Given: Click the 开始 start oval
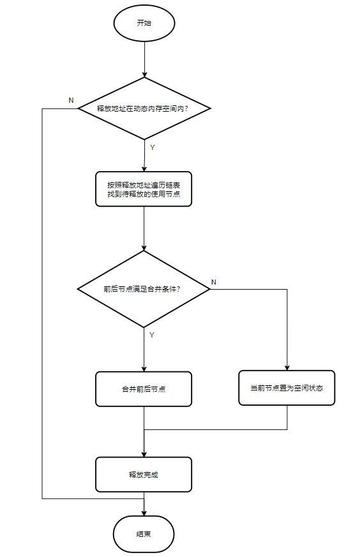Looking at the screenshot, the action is tap(144, 23).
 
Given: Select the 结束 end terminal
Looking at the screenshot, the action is tap(144, 534).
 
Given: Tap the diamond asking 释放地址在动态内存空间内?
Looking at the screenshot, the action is tap(144, 108).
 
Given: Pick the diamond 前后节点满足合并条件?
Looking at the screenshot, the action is tap(144, 289).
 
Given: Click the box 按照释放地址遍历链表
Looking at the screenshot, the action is tap(144, 189).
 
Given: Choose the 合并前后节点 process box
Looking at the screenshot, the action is tap(144, 389).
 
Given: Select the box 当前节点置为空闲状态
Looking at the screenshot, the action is tap(287, 388).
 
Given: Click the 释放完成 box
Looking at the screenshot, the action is tap(144, 475).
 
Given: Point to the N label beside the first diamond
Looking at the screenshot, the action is tap(71, 101).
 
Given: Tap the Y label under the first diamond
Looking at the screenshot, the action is tap(153, 147).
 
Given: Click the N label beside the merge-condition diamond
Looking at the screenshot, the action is tap(214, 282).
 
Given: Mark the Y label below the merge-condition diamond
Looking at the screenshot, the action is tap(152, 335).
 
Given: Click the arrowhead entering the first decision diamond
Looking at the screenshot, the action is tap(144, 74).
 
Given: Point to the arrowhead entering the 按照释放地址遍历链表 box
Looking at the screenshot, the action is tap(144, 168).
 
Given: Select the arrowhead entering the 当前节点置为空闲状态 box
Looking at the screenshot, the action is tap(287, 368).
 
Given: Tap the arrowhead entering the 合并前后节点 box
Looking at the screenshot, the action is tap(144, 369).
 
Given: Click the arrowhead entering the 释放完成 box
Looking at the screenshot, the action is tap(144, 454).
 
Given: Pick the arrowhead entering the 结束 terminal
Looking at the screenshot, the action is tap(144, 513).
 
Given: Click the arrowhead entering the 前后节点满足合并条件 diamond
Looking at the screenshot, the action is tap(144, 248).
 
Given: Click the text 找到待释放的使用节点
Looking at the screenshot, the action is tap(144, 194).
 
